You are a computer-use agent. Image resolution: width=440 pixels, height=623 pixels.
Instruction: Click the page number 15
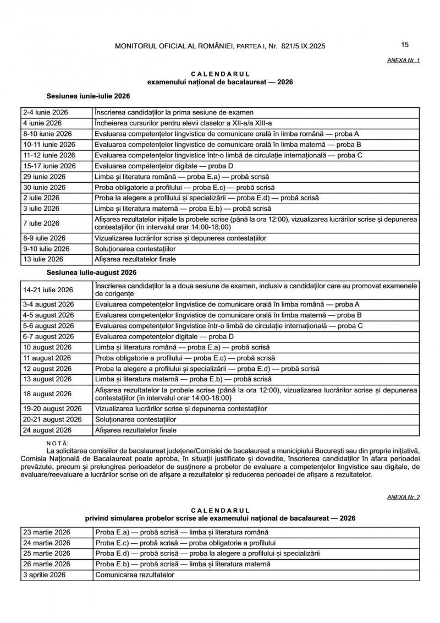tap(405, 45)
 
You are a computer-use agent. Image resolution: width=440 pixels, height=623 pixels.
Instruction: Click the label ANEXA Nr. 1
tap(404, 61)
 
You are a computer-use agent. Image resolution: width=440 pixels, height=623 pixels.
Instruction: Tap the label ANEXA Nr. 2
tap(404, 497)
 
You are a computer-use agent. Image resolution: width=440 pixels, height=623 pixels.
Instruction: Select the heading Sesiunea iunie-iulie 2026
tap(88, 96)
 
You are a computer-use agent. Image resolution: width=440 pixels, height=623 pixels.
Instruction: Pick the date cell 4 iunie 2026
tap(42, 123)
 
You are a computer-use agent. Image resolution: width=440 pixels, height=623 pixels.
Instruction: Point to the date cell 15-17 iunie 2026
tap(49, 166)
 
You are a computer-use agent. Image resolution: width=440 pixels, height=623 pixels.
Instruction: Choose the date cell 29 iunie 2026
tap(44, 177)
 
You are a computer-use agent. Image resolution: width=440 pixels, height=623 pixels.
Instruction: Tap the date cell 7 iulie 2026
tap(41, 223)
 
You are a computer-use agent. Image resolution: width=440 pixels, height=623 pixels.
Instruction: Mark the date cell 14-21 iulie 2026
tap(48, 290)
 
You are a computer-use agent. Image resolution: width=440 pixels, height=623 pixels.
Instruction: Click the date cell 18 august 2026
tap(47, 394)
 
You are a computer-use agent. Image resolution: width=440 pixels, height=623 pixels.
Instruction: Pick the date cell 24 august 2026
tap(47, 430)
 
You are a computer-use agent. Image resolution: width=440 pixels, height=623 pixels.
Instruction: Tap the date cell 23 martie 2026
tap(46, 533)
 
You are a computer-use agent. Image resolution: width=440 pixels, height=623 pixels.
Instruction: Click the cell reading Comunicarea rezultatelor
tap(134, 575)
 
